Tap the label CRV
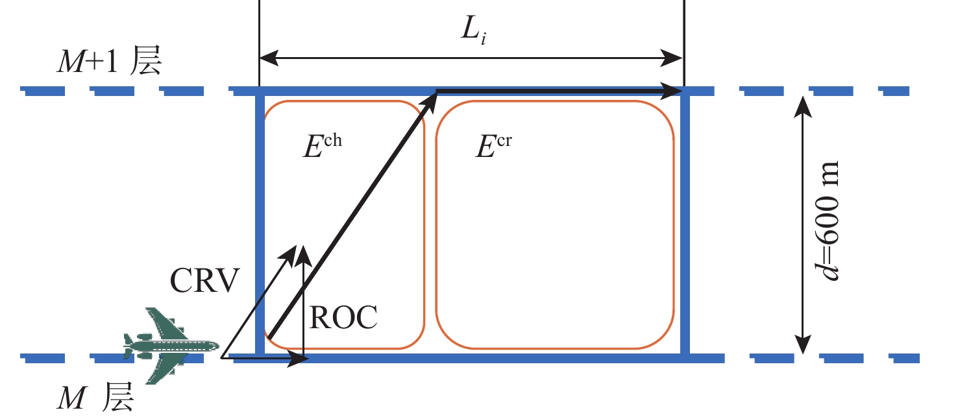coord(205,281)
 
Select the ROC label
coord(343,318)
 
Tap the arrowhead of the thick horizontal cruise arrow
coord(672,92)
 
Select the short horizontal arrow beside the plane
coord(266,357)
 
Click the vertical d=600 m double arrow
coord(804,224)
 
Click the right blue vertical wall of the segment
coord(685,224)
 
